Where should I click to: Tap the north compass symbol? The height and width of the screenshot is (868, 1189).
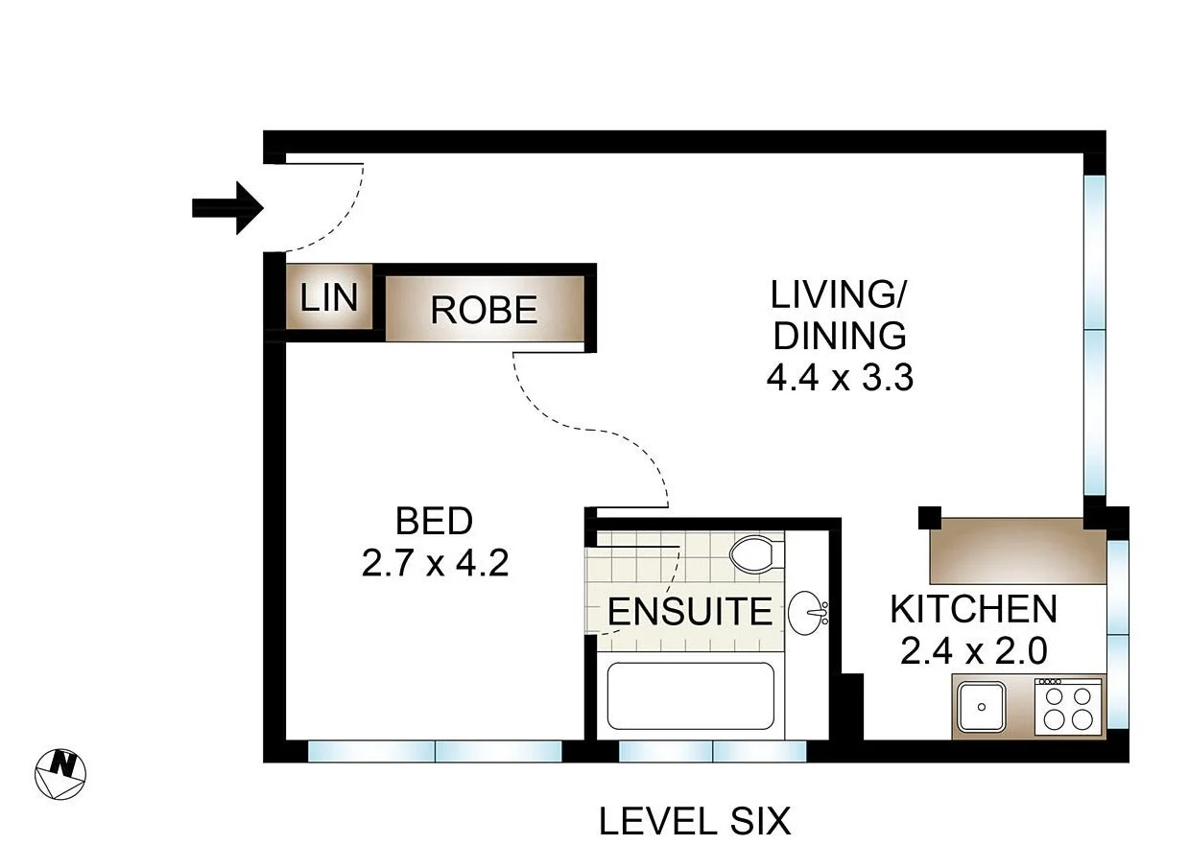[x=60, y=772]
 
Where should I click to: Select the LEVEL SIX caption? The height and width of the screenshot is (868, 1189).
[x=694, y=822]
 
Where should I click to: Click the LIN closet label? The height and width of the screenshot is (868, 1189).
[x=329, y=298]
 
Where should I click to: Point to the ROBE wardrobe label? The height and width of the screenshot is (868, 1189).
[x=484, y=310]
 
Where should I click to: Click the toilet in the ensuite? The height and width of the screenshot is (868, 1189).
[x=754, y=554]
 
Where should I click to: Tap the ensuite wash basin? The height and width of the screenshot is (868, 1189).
[x=807, y=611]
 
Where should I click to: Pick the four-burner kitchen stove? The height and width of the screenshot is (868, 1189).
[x=1067, y=708]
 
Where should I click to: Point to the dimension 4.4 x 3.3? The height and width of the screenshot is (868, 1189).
[x=839, y=378]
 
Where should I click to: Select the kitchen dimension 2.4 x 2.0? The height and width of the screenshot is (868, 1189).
[x=972, y=651]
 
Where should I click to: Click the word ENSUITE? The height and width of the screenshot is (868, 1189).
[x=690, y=612]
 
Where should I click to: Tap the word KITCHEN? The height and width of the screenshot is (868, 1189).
[x=972, y=609]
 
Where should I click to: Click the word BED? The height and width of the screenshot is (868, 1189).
[x=434, y=522]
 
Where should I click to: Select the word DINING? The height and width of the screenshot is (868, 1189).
[x=839, y=336]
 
